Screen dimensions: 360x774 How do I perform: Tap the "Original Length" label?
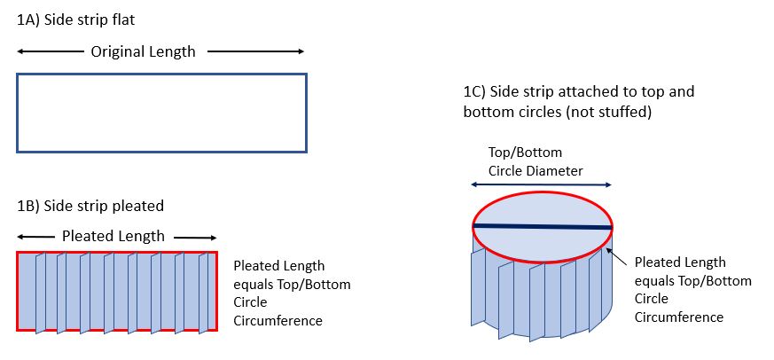(x=143, y=51)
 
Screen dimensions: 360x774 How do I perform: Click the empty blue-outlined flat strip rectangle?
(x=161, y=113)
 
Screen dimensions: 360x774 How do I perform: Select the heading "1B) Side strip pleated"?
(x=90, y=206)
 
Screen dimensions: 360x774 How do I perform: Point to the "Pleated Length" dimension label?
(x=113, y=236)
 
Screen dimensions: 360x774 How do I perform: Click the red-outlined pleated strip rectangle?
(x=117, y=292)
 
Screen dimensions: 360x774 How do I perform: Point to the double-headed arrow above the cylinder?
(x=541, y=184)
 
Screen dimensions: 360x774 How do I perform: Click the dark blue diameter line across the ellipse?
(x=542, y=227)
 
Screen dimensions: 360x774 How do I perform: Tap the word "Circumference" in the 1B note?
(x=277, y=320)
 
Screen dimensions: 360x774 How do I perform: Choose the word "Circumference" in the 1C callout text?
(x=678, y=317)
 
